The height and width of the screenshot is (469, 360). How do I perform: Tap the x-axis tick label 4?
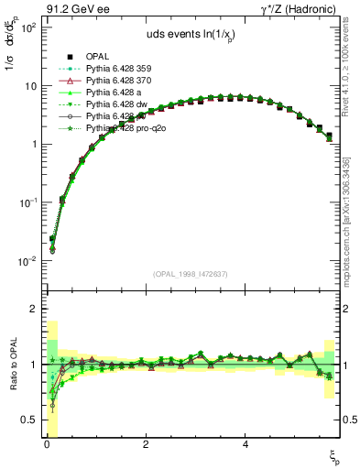coord(245,444)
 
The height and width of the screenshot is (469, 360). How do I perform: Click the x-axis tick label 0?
coord(46,444)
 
